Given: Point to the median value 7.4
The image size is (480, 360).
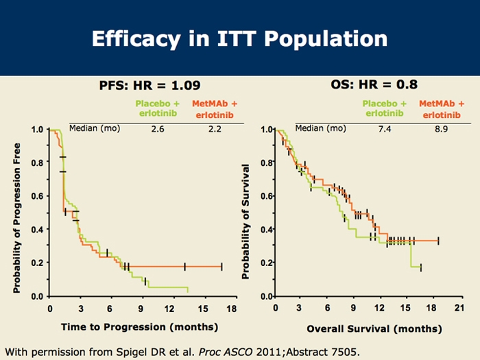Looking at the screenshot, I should coord(383,129).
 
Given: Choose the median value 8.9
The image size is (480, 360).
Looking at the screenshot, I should coord(440,129).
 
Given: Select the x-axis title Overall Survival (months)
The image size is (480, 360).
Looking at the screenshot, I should coord(374,328).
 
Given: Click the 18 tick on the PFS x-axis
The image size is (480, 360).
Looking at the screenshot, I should coord(232,309).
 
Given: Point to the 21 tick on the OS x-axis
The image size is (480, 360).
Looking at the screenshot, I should coord(459,309).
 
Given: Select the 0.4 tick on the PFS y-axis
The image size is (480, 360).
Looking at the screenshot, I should coord(38,229).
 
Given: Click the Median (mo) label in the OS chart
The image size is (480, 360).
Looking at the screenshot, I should coord(320,128).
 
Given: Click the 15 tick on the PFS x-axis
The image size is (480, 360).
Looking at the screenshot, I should coord(202,309).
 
